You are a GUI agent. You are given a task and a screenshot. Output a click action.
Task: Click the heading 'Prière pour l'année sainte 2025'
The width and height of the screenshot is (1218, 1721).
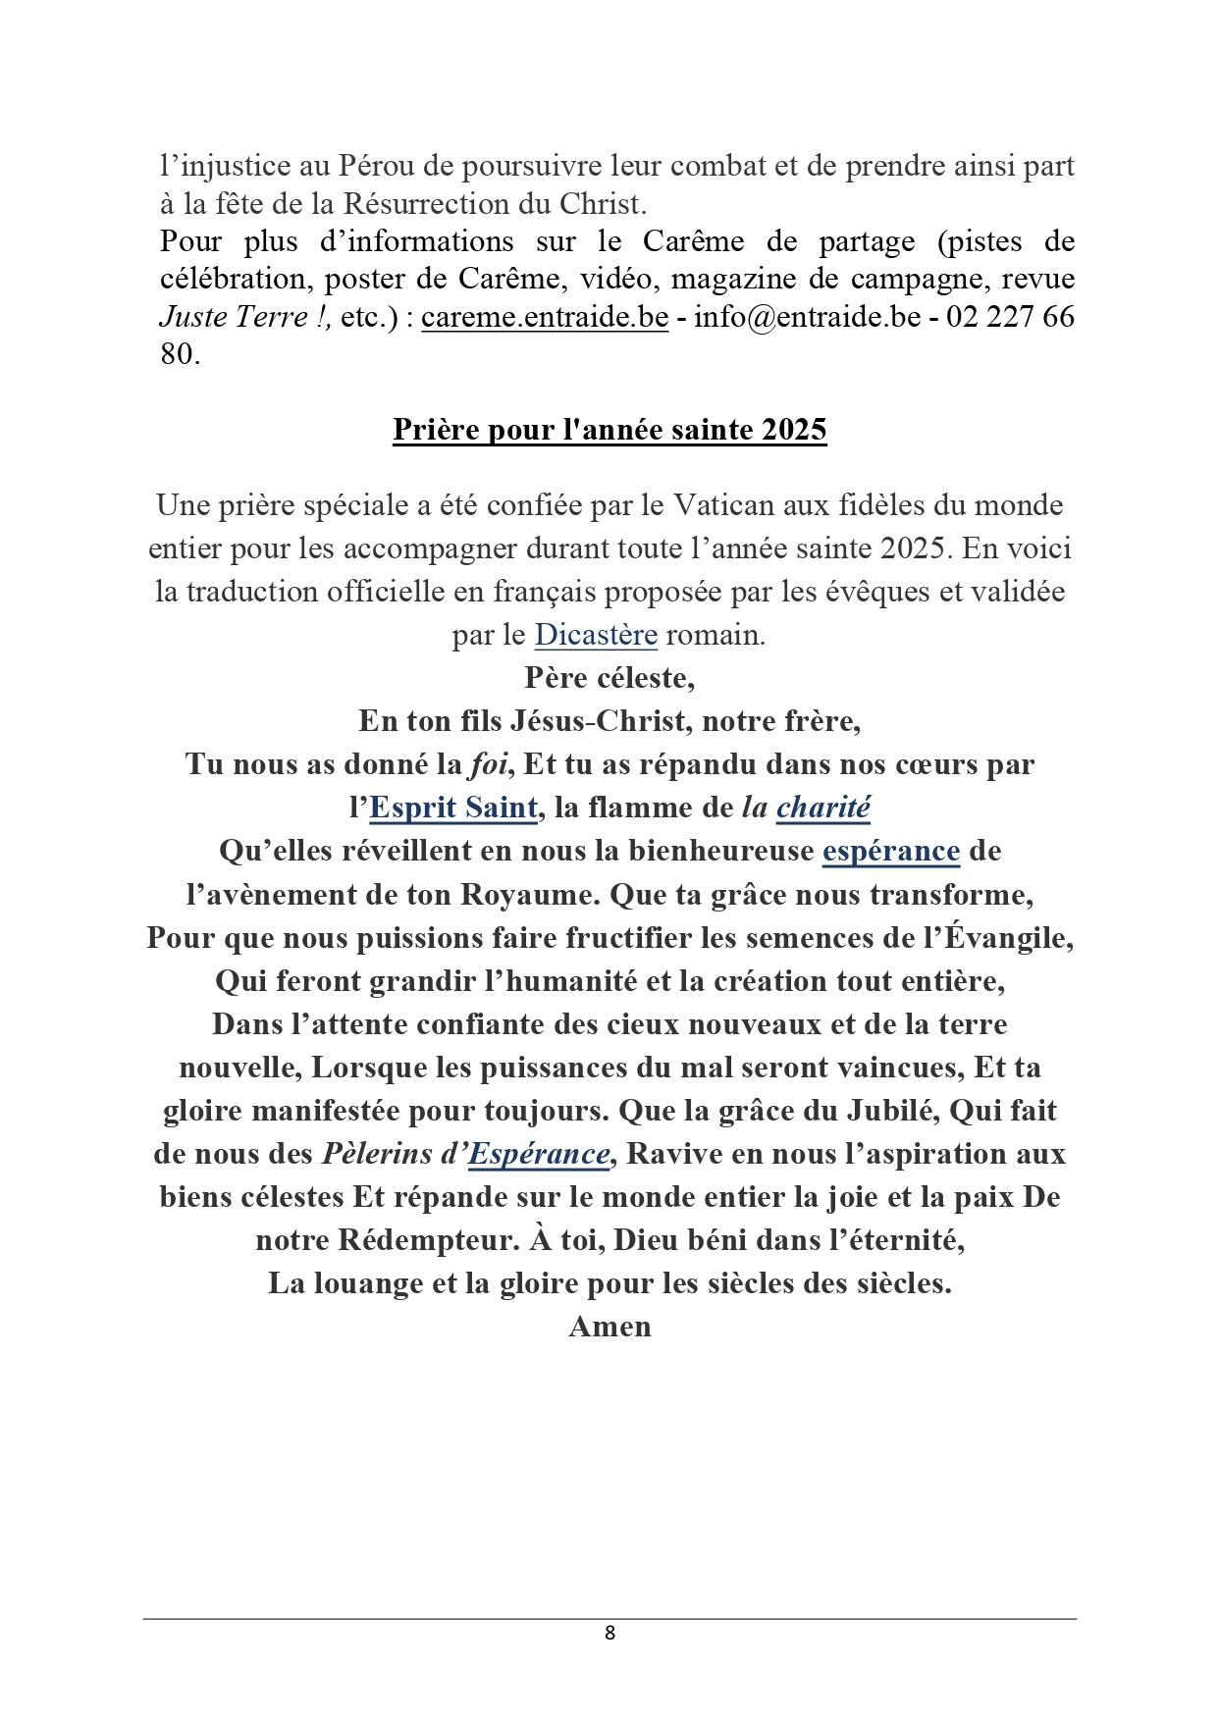609,430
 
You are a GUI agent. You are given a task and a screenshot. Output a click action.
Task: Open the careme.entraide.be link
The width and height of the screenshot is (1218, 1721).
545,317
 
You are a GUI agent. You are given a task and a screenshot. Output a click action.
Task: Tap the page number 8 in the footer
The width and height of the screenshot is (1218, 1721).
609,1633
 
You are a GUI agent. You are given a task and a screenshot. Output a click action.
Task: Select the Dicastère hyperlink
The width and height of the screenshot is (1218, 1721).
595,635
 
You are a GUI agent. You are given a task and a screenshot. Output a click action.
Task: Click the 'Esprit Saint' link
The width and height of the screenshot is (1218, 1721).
453,808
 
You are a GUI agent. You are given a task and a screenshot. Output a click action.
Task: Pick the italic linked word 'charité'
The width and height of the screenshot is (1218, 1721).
822,808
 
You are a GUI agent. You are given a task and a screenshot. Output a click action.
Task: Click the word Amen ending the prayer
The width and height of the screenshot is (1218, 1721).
609,1327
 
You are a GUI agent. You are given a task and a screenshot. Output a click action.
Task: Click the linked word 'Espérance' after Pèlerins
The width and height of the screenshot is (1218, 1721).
539,1154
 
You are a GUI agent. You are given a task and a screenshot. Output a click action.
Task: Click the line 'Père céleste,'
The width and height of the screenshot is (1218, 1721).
609,678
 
